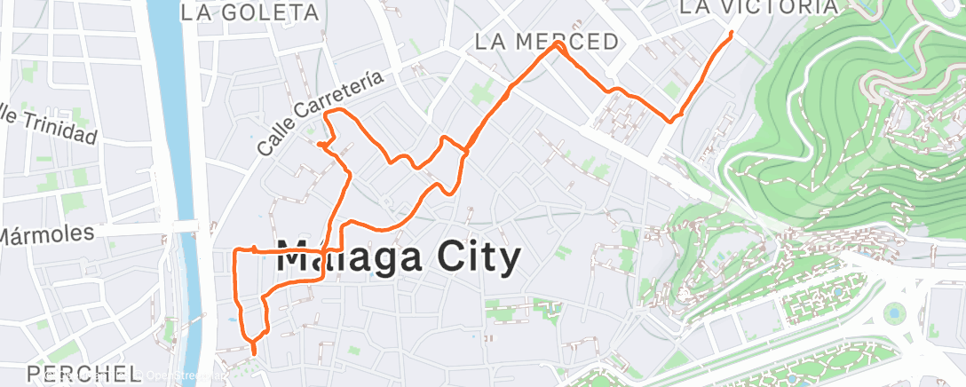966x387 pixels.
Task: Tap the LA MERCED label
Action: click(x=546, y=42)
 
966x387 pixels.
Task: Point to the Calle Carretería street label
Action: click(x=321, y=114)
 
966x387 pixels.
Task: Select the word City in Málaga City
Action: click(x=461, y=258)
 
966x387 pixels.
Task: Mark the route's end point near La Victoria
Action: click(x=731, y=33)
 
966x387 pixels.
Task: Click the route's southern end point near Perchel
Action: click(x=254, y=353)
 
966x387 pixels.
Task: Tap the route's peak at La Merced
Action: click(x=558, y=43)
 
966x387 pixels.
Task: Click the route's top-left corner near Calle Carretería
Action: click(x=328, y=113)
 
